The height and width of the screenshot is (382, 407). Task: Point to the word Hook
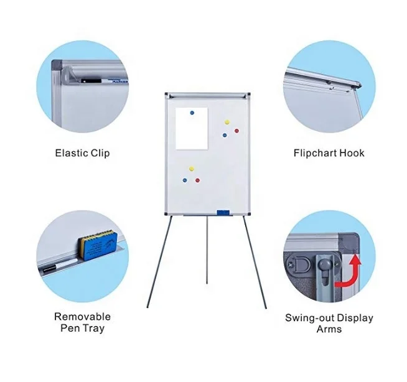pos(352,152)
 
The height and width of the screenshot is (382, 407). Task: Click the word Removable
pos(82,317)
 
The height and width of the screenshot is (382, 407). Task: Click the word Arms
pos(329,328)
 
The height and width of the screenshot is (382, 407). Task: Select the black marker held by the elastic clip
pos(87,79)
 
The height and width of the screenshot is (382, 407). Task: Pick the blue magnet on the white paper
pos(192,113)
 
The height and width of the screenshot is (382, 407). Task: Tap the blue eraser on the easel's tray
pos(223,213)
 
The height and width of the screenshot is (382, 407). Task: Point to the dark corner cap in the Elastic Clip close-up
pos(57,65)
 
